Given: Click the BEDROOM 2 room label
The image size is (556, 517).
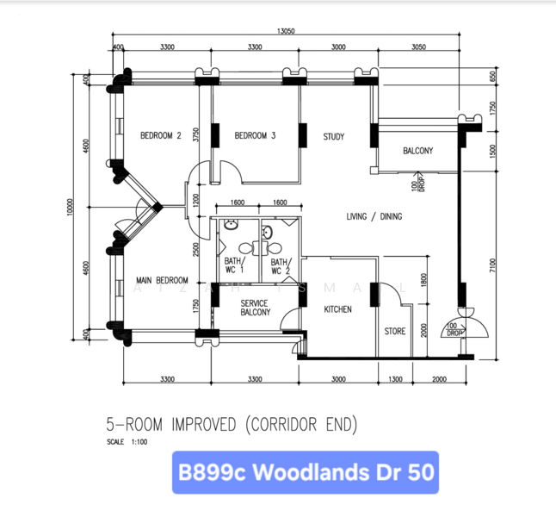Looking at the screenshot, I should [x=160, y=135].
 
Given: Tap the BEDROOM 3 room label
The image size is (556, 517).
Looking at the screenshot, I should [x=255, y=135].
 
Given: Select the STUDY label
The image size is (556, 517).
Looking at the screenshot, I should [x=334, y=136].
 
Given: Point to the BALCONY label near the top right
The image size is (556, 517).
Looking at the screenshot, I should [x=417, y=151].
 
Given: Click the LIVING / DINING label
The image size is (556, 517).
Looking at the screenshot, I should [x=374, y=216].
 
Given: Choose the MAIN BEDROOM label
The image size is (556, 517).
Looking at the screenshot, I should [x=162, y=280].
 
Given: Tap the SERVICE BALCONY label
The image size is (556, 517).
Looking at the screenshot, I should [x=254, y=308].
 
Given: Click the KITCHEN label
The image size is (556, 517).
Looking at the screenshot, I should [x=337, y=308].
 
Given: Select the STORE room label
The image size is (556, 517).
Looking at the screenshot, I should [x=394, y=331].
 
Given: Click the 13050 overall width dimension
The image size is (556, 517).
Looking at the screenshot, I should [x=287, y=30].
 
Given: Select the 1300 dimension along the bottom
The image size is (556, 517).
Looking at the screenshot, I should [x=394, y=379].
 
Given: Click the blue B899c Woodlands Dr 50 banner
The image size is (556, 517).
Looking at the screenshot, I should [x=306, y=473].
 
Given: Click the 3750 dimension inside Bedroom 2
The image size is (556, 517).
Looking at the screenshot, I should [x=196, y=135].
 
